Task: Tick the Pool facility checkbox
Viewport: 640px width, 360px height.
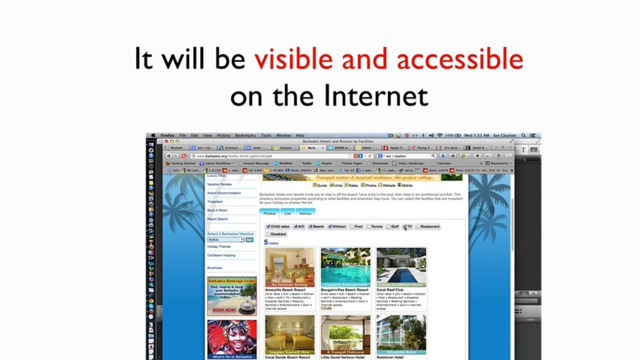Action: pyautogui.click(x=352, y=226)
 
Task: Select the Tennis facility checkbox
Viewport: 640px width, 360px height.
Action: pyautogui.click(x=368, y=226)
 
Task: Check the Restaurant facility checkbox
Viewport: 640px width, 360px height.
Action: pyautogui.click(x=418, y=226)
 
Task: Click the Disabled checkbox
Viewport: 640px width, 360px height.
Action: pyautogui.click(x=268, y=234)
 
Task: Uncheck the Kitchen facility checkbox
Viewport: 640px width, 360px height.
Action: pyautogui.click(x=330, y=226)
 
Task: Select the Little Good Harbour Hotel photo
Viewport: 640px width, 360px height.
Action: pyautogui.click(x=345, y=333)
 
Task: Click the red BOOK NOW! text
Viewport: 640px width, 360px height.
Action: pyautogui.click(x=224, y=310)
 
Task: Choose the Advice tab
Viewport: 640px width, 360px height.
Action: pyautogui.click(x=305, y=213)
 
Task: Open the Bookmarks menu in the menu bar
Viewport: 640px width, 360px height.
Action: pyautogui.click(x=245, y=135)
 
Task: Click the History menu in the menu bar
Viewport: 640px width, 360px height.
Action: pyautogui.click(x=223, y=135)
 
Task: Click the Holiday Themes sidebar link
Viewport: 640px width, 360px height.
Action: pyautogui.click(x=219, y=246)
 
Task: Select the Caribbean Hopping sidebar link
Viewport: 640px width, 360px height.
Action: pyautogui.click(x=221, y=255)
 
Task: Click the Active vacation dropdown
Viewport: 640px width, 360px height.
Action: pyautogui.click(x=225, y=240)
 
